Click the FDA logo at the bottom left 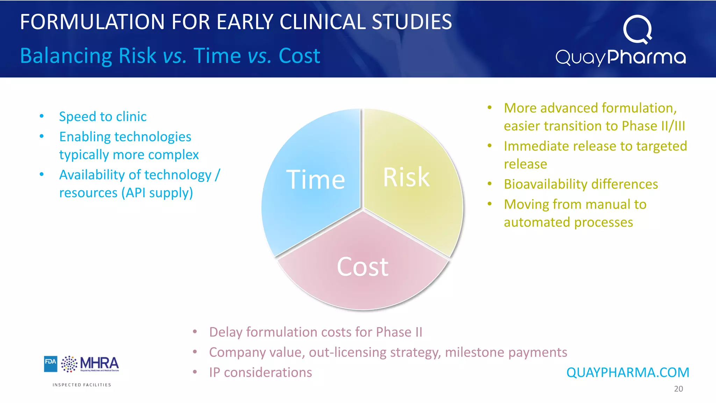pyautogui.click(x=50, y=364)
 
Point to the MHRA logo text pyautogui.click(x=99, y=363)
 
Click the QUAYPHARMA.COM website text pyautogui.click(x=628, y=373)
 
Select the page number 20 pyautogui.click(x=678, y=389)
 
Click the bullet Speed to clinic pyautogui.click(x=102, y=116)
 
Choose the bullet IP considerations pyautogui.click(x=260, y=373)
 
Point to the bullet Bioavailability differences pyautogui.click(x=581, y=184)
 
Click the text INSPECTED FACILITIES pyautogui.click(x=82, y=385)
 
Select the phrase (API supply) pyautogui.click(x=157, y=193)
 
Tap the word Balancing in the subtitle pyautogui.click(x=66, y=56)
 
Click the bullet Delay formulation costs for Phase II pyautogui.click(x=315, y=332)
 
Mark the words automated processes pyautogui.click(x=568, y=222)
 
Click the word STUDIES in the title pyautogui.click(x=411, y=22)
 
